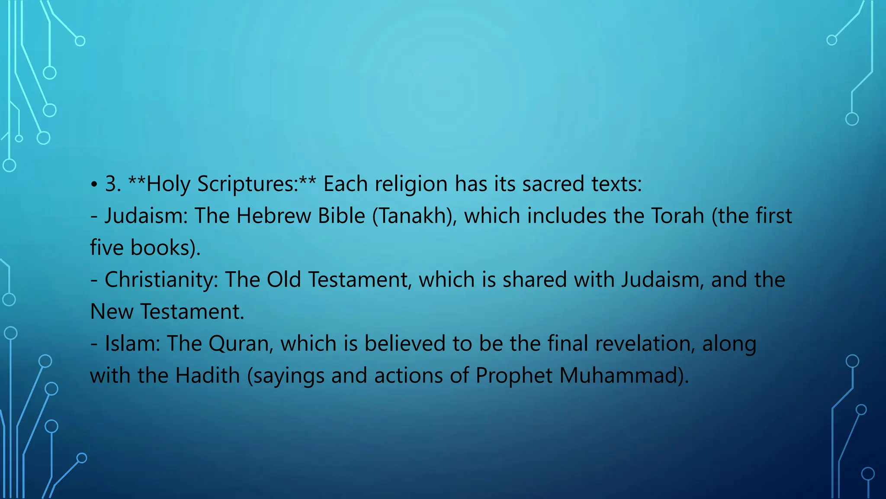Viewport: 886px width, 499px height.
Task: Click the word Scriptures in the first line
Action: pos(247,184)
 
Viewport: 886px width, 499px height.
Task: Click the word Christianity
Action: pos(160,280)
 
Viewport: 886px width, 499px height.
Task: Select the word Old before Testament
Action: pos(283,280)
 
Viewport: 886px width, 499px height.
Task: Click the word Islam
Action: pos(129,343)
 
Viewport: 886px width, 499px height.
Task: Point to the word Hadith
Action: pos(207,375)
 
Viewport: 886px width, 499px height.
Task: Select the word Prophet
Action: pos(514,376)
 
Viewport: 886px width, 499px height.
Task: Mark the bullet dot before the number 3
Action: pos(94,185)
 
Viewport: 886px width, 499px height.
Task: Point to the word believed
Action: pos(404,343)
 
